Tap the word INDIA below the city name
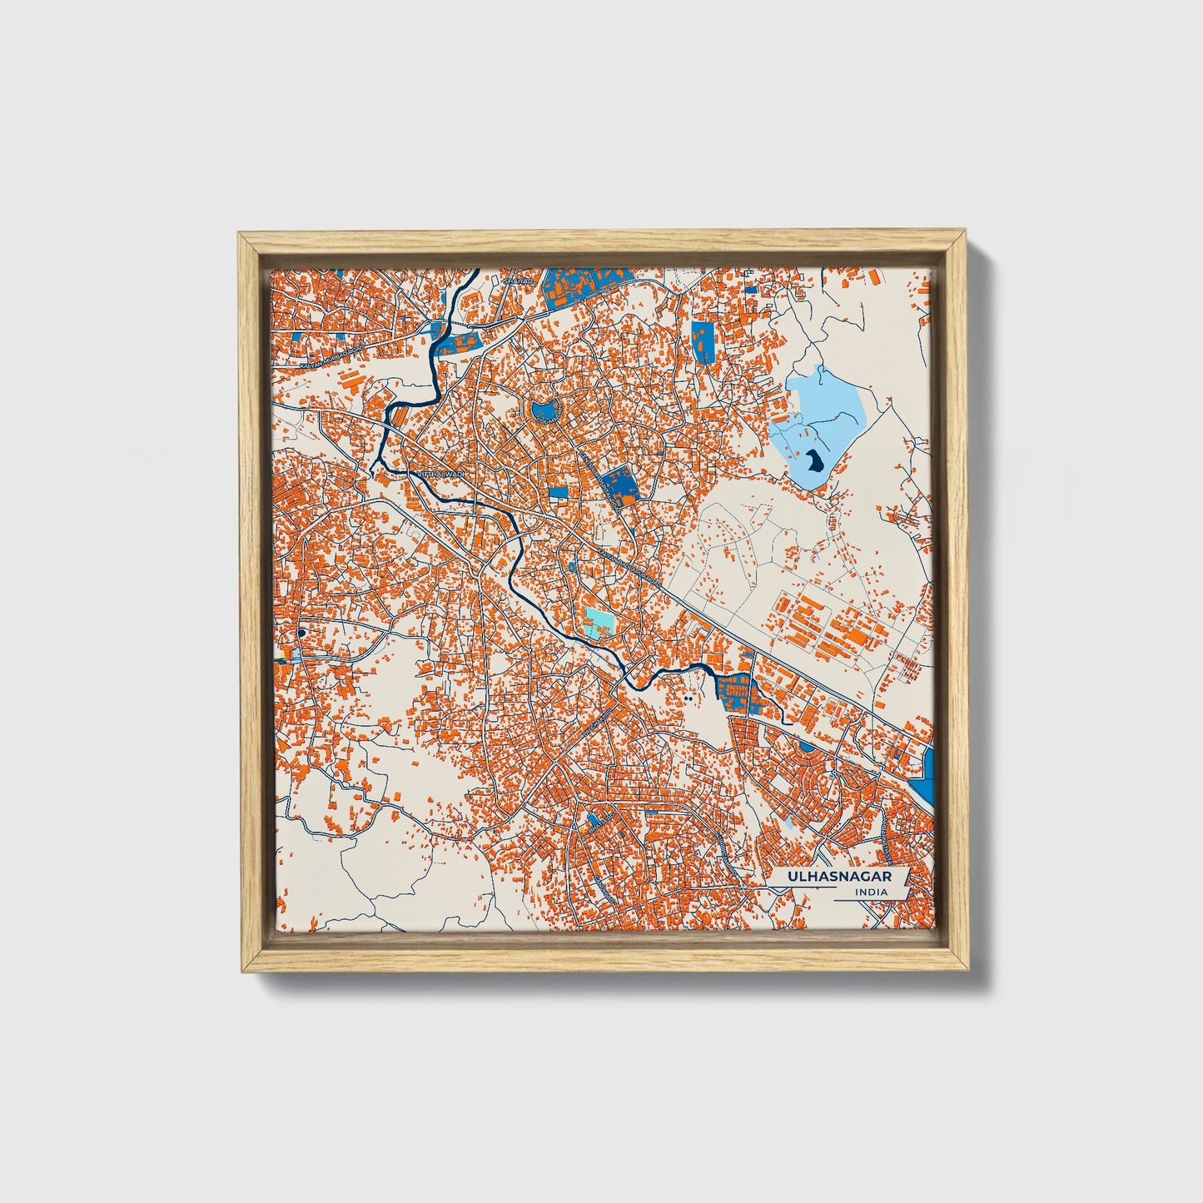pyautogui.click(x=870, y=892)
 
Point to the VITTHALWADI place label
pyautogui.click(x=436, y=475)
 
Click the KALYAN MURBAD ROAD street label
pyautogui.click(x=333, y=356)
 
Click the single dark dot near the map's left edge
pyautogui.click(x=301, y=634)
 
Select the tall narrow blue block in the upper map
pyautogui.click(x=703, y=341)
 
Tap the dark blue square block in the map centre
pyautogui.click(x=617, y=484)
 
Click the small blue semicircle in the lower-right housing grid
pyautogui.click(x=807, y=747)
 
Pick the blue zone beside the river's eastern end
pyautogui.click(x=736, y=691)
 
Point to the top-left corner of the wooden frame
pyautogui.click(x=241, y=236)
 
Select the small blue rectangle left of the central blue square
pyautogui.click(x=558, y=492)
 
